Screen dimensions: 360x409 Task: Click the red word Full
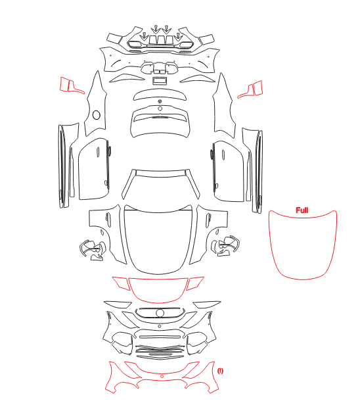pyautogui.click(x=302, y=210)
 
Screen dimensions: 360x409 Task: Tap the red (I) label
pyautogui.click(x=220, y=371)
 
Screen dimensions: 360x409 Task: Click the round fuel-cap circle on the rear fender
pyautogui.click(x=97, y=115)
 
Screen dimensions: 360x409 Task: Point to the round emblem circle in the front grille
pyautogui.click(x=160, y=313)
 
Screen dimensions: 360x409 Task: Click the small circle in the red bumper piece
pyautogui.click(x=162, y=376)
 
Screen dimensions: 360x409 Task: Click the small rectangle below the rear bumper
pyautogui.click(x=159, y=81)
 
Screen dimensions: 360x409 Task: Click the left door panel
pyautogui.click(x=94, y=170)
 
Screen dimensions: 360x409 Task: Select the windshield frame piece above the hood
pyautogui.click(x=160, y=173)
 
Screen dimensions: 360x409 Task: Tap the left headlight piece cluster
pyautogui.click(x=93, y=250)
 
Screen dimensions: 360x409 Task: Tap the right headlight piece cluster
pyautogui.click(x=225, y=246)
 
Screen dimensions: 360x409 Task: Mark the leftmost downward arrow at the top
pyautogui.click(x=144, y=36)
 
